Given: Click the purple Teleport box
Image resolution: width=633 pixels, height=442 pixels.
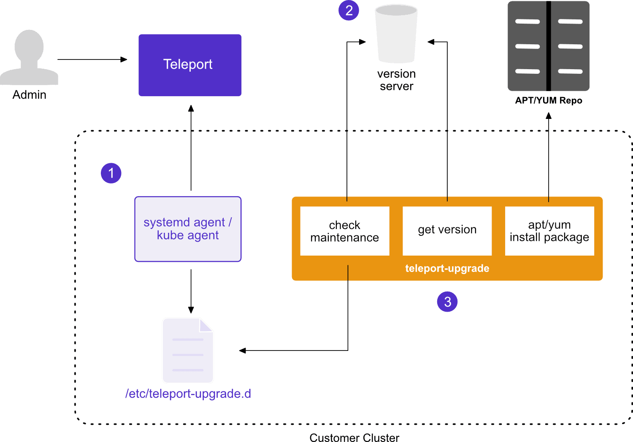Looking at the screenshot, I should tap(190, 65).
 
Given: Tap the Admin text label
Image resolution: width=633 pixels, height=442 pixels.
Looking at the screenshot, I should tap(29, 95).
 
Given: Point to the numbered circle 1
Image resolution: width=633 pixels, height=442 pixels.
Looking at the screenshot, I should tap(111, 173).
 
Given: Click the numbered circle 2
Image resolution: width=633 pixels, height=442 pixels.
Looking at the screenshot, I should tap(349, 11).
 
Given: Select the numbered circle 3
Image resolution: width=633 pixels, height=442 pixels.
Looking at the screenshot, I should tap(447, 302).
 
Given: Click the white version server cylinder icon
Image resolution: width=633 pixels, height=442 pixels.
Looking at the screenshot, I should tap(396, 34).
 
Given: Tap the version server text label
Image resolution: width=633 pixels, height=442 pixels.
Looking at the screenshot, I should tap(396, 80).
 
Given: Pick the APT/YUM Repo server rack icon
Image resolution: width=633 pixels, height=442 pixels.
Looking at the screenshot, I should tap(549, 46).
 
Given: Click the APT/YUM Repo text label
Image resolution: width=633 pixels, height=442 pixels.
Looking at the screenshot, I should tap(549, 100).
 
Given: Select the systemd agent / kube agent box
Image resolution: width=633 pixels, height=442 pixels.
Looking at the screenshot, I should tap(188, 229).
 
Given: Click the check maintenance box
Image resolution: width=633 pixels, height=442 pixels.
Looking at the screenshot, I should tap(344, 231).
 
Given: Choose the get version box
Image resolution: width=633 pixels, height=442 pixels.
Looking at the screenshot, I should tap(447, 231).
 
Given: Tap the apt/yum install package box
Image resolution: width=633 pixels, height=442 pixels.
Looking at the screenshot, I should tap(549, 231).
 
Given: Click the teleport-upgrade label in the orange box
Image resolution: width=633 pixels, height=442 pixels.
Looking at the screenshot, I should tap(447, 268).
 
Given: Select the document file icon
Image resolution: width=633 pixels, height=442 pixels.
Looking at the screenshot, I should tap(188, 350).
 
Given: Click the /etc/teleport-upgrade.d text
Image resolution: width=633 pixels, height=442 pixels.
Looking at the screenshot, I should tap(188, 393).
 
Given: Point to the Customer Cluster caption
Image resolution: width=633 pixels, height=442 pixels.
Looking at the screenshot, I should tap(354, 437).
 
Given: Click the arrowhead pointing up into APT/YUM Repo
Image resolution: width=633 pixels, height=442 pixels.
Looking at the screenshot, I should tap(549, 116).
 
